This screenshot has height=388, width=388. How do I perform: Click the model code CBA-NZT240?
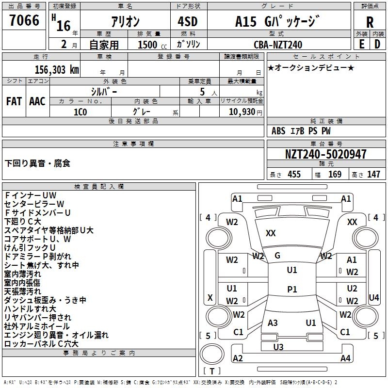tap(277, 45)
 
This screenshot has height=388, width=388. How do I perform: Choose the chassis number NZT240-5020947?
tap(325, 154)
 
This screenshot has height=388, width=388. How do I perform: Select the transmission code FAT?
tap(14, 101)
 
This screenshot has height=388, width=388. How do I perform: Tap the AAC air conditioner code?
tap(37, 101)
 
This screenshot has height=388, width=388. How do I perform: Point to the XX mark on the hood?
tap(271, 233)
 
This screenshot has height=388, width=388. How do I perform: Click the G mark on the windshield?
tap(277, 256)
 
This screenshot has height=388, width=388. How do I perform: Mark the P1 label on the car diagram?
tap(292, 289)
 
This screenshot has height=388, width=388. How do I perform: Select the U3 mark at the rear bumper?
tap(278, 347)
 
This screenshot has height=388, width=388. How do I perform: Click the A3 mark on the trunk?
tap(273, 323)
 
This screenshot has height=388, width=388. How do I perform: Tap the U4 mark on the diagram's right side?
tap(374, 297)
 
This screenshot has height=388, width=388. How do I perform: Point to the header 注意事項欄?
tap(133, 144)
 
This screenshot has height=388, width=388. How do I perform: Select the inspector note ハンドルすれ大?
tap(30, 309)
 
